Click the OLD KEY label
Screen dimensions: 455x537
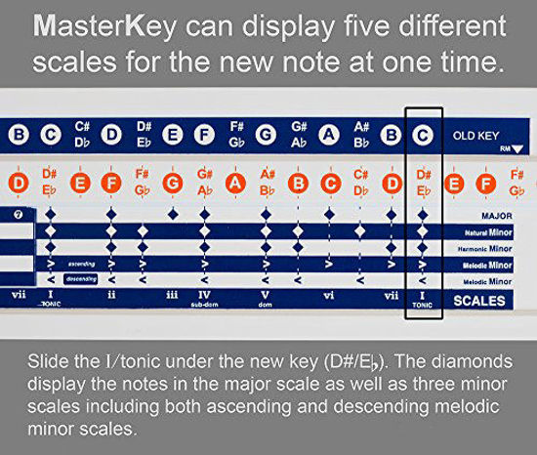click(x=475, y=135)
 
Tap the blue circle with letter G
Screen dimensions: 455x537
click(x=266, y=135)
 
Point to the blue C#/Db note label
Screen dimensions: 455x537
click(x=81, y=134)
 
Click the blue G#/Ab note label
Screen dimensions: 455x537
click(x=299, y=134)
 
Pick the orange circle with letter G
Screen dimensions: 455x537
click(x=173, y=182)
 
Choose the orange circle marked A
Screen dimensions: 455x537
click(x=234, y=182)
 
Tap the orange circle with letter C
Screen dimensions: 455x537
click(x=330, y=182)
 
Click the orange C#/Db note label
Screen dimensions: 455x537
click(x=360, y=182)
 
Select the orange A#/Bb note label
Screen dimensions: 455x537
click(x=267, y=182)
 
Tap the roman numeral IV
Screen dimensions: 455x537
click(x=203, y=293)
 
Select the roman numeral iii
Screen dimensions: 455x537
click(x=172, y=294)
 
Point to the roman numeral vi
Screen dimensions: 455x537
click(x=328, y=294)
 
